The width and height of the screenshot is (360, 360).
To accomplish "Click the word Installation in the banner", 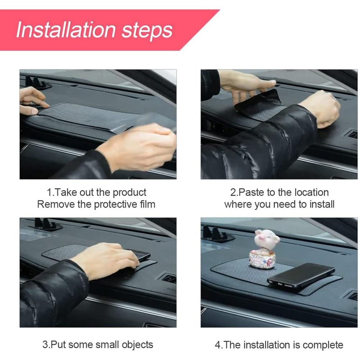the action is (x=66, y=29).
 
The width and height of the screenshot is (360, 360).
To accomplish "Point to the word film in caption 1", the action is (x=147, y=204).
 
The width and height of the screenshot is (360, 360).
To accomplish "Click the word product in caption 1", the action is (x=129, y=193).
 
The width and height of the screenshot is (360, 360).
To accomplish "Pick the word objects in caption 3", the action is (x=137, y=345).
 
